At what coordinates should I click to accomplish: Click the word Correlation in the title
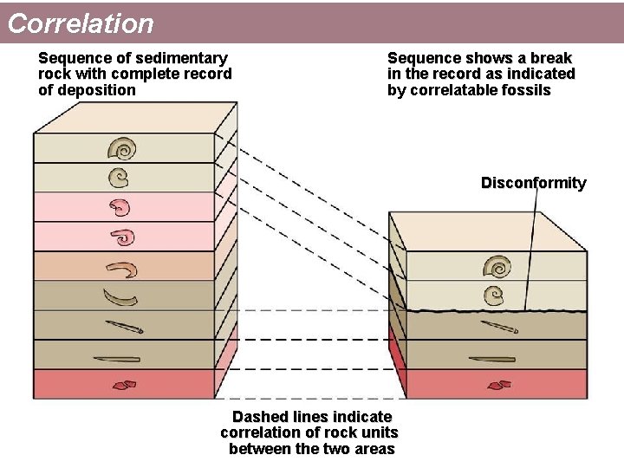pyautogui.click(x=81, y=23)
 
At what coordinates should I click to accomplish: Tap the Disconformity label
pyautogui.click(x=533, y=183)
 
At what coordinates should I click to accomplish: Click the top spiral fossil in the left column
pyautogui.click(x=124, y=149)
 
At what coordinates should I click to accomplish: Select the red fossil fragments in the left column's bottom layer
pyautogui.click(x=124, y=384)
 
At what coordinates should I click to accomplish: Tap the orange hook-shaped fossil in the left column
pyautogui.click(x=122, y=269)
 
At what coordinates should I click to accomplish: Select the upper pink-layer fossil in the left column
pyautogui.click(x=120, y=207)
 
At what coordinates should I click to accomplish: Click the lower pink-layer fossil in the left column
pyautogui.click(x=123, y=237)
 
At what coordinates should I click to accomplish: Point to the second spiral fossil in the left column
pyautogui.click(x=119, y=178)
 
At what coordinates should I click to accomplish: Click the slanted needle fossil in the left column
pyautogui.click(x=125, y=327)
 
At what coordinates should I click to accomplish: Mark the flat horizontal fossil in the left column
pyautogui.click(x=122, y=358)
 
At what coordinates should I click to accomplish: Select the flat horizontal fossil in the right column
pyautogui.click(x=491, y=359)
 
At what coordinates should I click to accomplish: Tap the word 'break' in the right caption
pyautogui.click(x=549, y=58)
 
